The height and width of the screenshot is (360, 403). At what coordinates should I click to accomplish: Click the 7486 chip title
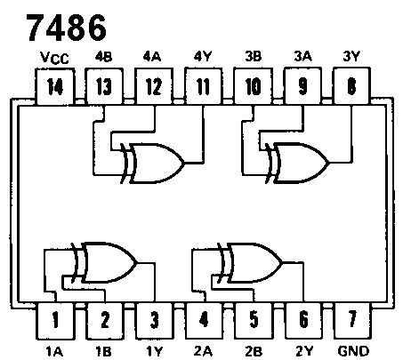(x=67, y=28)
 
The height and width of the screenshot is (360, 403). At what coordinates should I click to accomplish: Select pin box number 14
(x=55, y=86)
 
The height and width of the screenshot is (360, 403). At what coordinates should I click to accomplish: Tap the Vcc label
(x=54, y=58)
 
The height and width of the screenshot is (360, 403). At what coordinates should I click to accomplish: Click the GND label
(x=353, y=351)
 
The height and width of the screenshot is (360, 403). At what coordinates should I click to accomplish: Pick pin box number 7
(x=352, y=320)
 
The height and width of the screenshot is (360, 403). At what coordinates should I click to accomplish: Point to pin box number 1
(x=55, y=321)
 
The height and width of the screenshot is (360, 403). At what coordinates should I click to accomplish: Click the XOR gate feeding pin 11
(x=153, y=163)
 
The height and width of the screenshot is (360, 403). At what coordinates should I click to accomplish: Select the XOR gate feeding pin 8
(x=297, y=163)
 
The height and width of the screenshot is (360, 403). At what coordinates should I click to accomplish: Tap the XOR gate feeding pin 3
(x=104, y=262)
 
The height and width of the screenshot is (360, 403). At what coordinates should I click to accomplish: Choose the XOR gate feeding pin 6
(x=250, y=262)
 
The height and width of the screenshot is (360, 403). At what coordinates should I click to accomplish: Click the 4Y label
(x=203, y=56)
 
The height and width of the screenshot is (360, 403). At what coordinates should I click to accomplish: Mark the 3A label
(x=302, y=56)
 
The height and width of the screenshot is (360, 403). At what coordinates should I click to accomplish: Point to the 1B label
(x=103, y=351)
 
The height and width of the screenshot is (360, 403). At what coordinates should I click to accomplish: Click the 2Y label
(x=304, y=351)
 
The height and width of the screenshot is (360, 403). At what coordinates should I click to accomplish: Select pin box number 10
(x=253, y=86)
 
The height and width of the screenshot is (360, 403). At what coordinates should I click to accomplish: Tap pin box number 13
(x=104, y=86)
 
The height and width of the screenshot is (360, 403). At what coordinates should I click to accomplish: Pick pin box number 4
(x=204, y=320)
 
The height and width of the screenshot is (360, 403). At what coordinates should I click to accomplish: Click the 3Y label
(x=351, y=56)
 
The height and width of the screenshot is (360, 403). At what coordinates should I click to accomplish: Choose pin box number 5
(x=254, y=320)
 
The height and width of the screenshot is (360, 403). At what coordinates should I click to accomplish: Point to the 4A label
(x=152, y=56)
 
